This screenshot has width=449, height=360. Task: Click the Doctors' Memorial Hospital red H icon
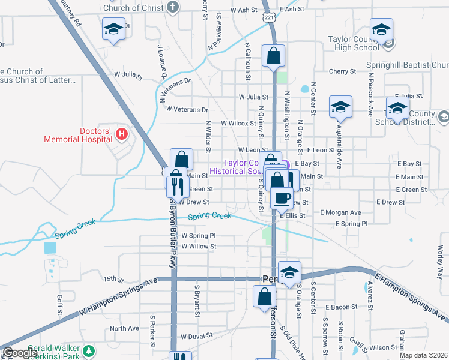pos(122,133)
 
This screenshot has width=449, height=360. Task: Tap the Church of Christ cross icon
pos(173,8)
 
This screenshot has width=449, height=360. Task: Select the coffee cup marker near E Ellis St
pos(282,197)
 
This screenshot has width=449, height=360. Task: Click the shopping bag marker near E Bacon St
pos(265,297)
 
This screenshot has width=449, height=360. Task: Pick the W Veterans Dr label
pos(187,110)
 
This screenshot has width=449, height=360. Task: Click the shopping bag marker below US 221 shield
pos(274,56)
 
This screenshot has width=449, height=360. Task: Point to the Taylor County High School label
pos(354,43)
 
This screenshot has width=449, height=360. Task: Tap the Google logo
pos(20,353)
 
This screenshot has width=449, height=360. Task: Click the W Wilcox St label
pos(238,123)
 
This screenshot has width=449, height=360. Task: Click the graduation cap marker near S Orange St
pos(289,272)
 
